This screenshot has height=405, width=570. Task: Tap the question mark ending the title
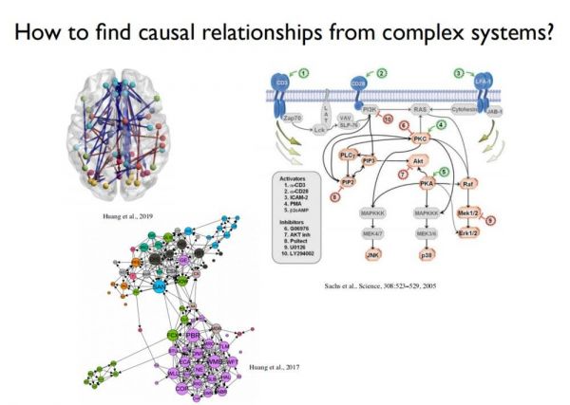point(548,34)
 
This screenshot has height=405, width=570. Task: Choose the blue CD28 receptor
point(362,83)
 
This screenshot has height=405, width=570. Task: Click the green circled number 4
point(441,124)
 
